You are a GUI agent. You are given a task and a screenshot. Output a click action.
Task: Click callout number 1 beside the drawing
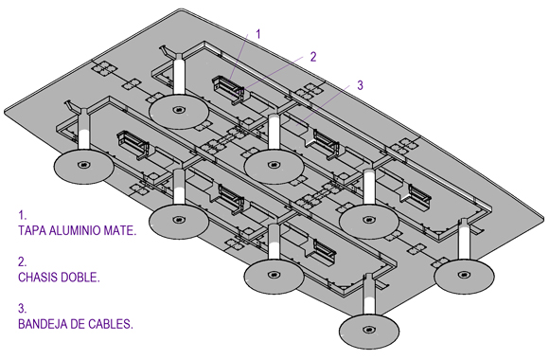(x=258, y=34)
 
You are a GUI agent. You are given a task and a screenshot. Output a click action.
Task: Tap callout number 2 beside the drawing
(x=313, y=57)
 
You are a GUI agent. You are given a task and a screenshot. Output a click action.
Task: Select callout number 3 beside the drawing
(x=360, y=85)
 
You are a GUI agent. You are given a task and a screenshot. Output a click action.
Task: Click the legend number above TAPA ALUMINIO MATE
(x=22, y=215)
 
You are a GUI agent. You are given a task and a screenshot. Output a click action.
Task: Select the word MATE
(x=120, y=230)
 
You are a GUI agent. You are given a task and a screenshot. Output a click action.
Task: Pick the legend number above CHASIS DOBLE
(x=22, y=261)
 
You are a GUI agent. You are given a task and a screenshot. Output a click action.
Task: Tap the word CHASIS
(x=38, y=278)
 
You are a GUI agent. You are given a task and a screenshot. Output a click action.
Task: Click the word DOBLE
(x=80, y=278)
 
